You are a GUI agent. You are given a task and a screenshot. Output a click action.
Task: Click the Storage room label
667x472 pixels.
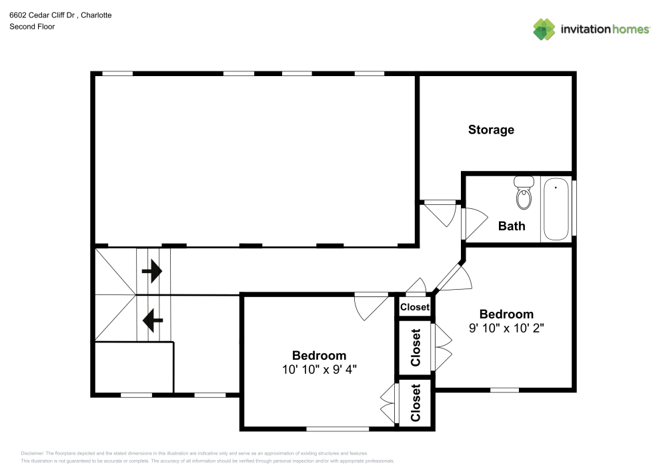pyautogui.click(x=491, y=130)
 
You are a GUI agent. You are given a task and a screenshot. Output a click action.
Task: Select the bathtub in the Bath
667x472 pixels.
pyautogui.click(x=556, y=208)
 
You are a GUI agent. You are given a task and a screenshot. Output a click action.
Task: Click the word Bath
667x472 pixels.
pyautogui.click(x=512, y=226)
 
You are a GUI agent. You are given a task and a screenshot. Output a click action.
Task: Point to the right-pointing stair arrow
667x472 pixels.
pyautogui.click(x=152, y=271)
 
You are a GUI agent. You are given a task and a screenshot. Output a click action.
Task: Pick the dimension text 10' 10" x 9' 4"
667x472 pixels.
pyautogui.click(x=319, y=369)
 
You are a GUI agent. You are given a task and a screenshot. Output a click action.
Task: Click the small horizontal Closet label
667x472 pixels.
pyautogui.click(x=415, y=307)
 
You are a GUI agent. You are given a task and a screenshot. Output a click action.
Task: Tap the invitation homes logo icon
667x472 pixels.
pyautogui.click(x=544, y=29)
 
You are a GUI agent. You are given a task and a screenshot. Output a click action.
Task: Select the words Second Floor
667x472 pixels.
pyautogui.click(x=32, y=27)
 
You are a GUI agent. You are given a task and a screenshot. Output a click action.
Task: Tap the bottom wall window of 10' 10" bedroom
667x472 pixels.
pyautogui.click(x=338, y=428)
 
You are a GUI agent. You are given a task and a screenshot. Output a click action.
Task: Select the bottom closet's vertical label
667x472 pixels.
pyautogui.click(x=416, y=403)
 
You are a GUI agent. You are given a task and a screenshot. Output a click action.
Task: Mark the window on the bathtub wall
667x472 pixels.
pyautogui.click(x=574, y=208)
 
